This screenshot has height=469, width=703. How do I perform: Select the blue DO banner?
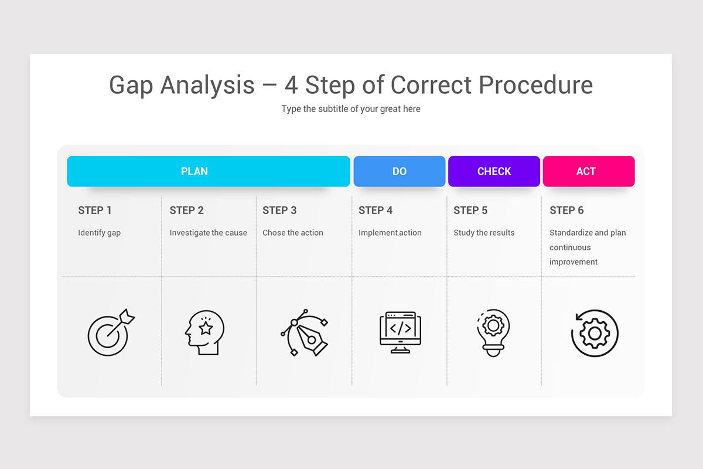point(400,171)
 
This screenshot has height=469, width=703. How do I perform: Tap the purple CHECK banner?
point(494,171)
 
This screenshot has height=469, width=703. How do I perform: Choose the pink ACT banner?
point(588,171)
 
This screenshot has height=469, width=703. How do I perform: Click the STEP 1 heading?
point(95,210)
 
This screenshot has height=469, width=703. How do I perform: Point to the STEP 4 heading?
point(376,210)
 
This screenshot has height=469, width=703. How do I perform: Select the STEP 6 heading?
point(567,210)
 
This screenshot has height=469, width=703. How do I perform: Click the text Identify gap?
point(99,233)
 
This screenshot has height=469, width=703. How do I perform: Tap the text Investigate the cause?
point(208,233)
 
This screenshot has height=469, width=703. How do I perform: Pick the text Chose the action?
point(293,233)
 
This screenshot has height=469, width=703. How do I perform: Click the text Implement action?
point(390,233)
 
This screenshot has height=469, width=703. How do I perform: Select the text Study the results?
point(484,233)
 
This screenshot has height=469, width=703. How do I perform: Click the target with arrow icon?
point(110,333)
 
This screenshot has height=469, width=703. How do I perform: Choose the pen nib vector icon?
point(305,333)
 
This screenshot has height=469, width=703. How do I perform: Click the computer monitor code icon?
point(400,332)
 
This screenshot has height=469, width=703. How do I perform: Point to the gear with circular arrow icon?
point(594,333)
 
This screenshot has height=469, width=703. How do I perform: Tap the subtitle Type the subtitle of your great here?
point(351,109)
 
